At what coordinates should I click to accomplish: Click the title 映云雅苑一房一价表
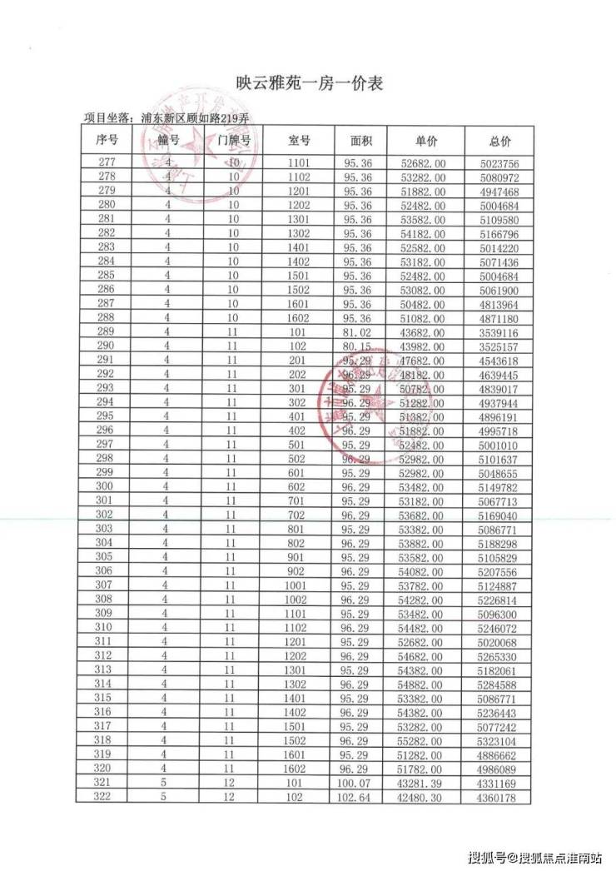pyautogui.click(x=307, y=83)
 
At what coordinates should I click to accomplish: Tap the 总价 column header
pyautogui.click(x=499, y=140)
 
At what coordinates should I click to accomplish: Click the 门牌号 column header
pyautogui.click(x=234, y=140)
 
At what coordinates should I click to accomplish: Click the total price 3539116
pyautogui.click(x=499, y=331)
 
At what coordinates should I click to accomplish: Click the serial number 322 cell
pyautogui.click(x=105, y=799)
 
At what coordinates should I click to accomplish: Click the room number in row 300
pyautogui.click(x=299, y=487)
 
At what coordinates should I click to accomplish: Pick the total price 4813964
pyautogui.click(x=499, y=303)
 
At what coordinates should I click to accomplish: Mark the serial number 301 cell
pyautogui.click(x=105, y=501)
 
